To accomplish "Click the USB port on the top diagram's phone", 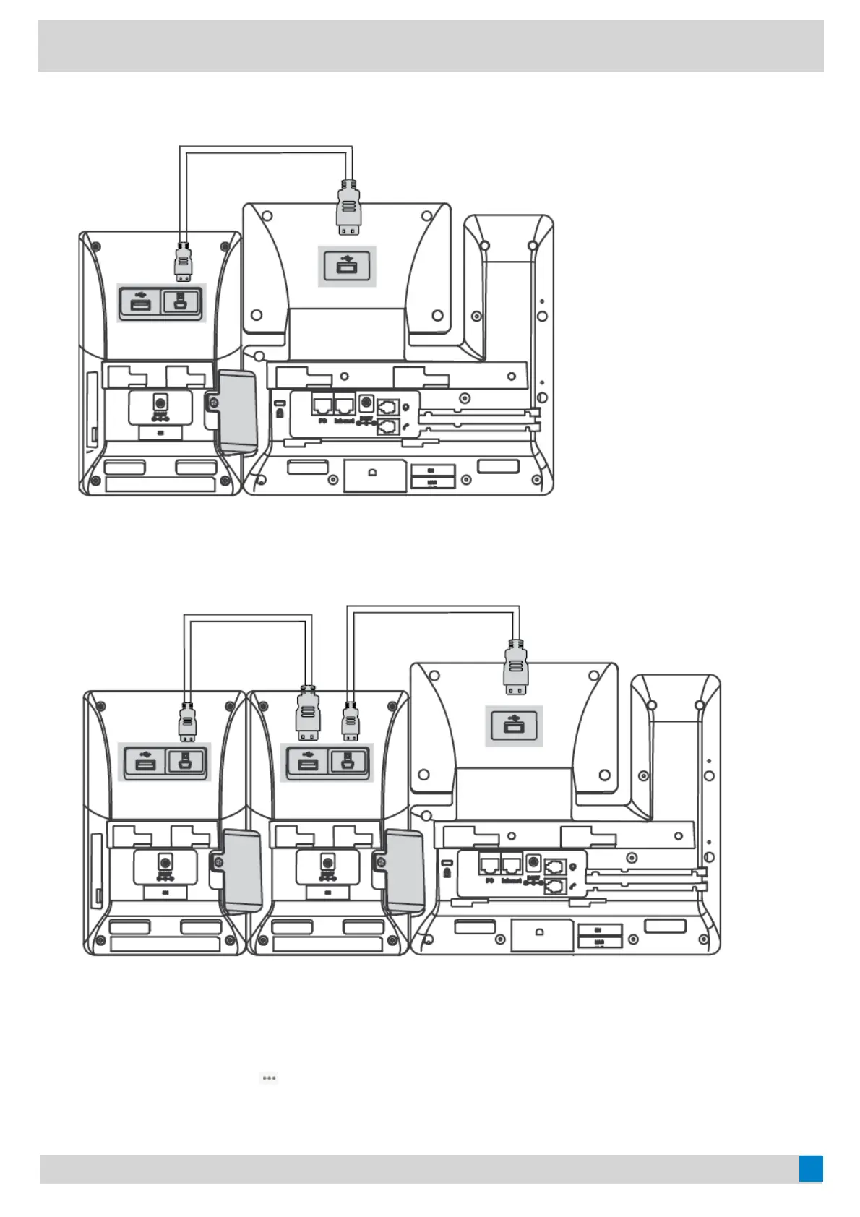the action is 347,266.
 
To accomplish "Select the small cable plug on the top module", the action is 184,262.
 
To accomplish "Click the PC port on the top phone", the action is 322,405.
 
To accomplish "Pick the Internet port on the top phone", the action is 345,405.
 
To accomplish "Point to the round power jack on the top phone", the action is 366,403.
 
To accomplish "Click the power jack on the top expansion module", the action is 160,402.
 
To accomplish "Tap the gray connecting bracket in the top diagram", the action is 237,410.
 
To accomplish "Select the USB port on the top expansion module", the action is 141,302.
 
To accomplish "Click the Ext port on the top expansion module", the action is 181,301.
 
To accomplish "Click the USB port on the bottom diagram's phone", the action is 513,726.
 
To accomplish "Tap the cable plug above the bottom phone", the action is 515,667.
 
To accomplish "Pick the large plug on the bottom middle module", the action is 308,713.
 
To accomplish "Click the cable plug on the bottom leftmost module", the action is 188,722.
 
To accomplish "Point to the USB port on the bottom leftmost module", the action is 145,762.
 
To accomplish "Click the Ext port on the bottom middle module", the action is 348,762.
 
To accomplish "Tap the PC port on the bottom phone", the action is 489,864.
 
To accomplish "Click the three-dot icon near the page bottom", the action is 269,1078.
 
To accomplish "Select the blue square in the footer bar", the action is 811,1169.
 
